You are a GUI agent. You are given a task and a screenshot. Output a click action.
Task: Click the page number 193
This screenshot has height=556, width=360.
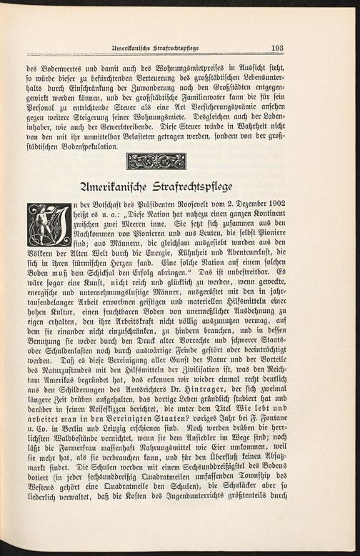278,48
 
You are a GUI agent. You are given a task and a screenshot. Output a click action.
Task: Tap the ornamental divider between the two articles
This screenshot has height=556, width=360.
155,161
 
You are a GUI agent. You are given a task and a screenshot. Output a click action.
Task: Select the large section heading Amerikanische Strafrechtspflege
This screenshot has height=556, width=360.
156,188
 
